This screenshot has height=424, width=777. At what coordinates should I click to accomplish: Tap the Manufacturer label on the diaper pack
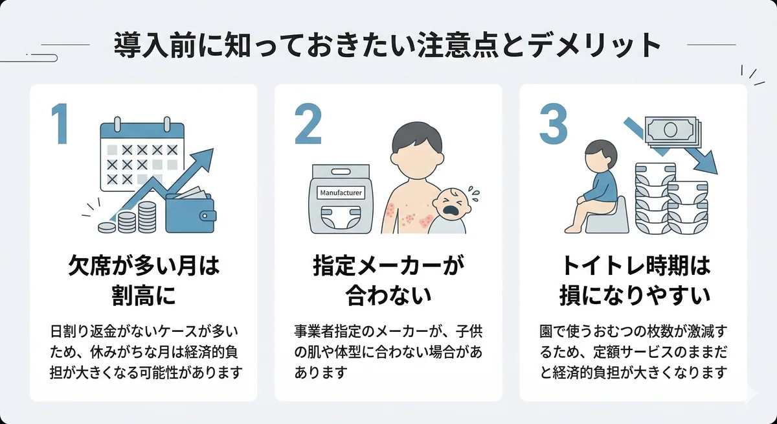point(341,193)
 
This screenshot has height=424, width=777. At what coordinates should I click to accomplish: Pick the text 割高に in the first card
point(144,296)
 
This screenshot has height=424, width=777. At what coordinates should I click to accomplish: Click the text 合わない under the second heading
point(388,296)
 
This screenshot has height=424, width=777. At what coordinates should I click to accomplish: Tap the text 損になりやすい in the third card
point(634,296)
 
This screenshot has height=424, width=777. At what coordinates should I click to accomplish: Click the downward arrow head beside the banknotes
point(708,166)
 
